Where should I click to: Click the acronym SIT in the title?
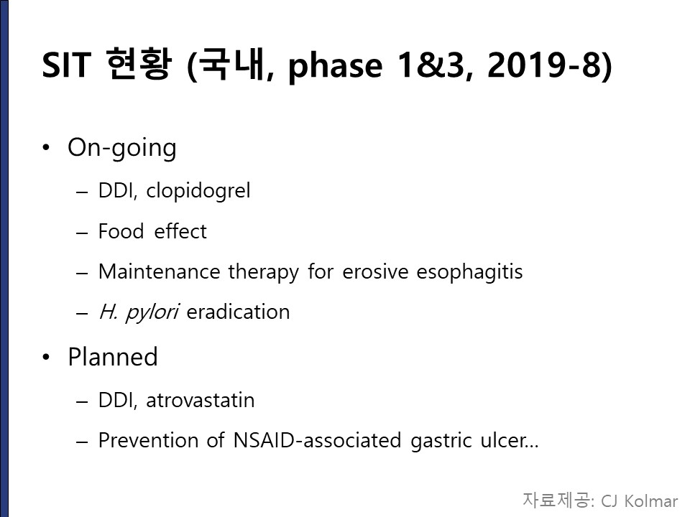[66, 65]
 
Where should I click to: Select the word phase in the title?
[336, 67]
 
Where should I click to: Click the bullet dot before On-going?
[46, 148]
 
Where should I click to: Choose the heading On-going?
[122, 148]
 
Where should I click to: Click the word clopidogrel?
[198, 191]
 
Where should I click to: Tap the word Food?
[121, 231]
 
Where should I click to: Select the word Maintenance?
[159, 271]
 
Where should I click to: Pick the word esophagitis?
[469, 272]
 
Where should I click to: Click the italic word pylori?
[152, 312]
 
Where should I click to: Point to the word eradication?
[238, 312]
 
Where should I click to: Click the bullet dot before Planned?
[46, 357]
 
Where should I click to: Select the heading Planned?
[113, 357]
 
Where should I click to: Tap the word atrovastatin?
[201, 401]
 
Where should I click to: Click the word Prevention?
[148, 440]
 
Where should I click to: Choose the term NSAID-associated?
[317, 440]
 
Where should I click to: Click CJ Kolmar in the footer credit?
[640, 501]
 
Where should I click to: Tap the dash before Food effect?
[82, 233]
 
